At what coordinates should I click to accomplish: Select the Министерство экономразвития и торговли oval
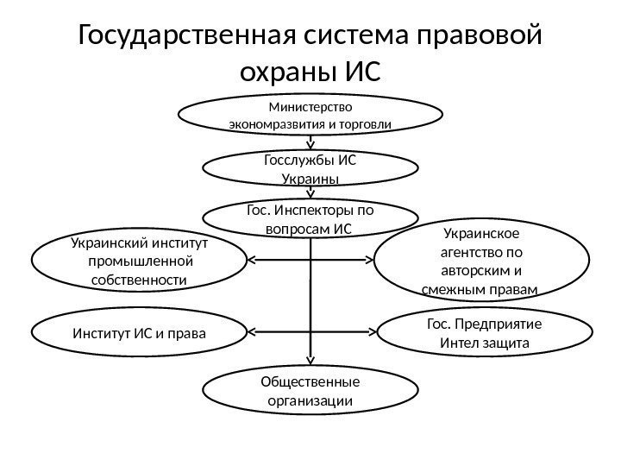310,116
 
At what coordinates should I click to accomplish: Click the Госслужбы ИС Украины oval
310,169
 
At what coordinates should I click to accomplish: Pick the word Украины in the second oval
310,179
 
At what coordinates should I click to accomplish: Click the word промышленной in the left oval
139,261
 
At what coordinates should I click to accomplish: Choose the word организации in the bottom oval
310,400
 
